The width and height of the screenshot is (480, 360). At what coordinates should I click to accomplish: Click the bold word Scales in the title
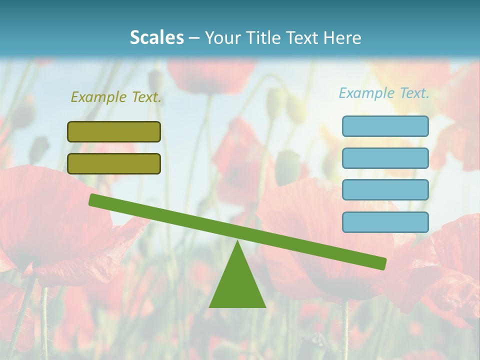[x=156, y=37]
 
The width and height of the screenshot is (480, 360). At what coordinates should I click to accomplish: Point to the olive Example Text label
[x=116, y=97]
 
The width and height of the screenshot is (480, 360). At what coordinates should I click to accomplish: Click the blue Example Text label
[x=384, y=93]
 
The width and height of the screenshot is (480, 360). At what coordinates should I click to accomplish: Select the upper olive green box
[x=114, y=131]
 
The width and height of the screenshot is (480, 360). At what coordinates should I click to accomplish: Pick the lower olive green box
[x=114, y=163]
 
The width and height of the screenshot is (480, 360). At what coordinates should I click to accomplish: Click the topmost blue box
[x=385, y=126]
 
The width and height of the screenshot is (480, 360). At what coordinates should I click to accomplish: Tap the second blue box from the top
[x=385, y=158]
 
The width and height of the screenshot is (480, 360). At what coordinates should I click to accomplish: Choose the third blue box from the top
[x=385, y=189]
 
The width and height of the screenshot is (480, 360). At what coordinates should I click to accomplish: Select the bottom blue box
[x=385, y=222]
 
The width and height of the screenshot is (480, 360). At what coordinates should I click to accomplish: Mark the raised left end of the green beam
[x=93, y=199]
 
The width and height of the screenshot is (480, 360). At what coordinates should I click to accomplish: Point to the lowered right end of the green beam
[x=382, y=263]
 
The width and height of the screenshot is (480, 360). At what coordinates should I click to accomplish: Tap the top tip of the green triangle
[x=237, y=243]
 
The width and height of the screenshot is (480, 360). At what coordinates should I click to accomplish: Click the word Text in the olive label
[x=146, y=97]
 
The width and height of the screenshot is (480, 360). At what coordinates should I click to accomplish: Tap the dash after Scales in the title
[x=194, y=38]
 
